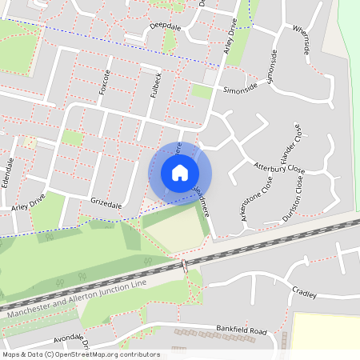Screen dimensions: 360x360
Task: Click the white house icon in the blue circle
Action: pyautogui.click(x=180, y=173)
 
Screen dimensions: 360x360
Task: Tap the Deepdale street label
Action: pyautogui.click(x=163, y=26)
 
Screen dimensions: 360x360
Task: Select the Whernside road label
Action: pyautogui.click(x=300, y=40)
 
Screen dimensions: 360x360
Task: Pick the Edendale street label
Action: pyautogui.click(x=10, y=171)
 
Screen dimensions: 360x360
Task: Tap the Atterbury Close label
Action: pyautogui.click(x=279, y=168)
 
